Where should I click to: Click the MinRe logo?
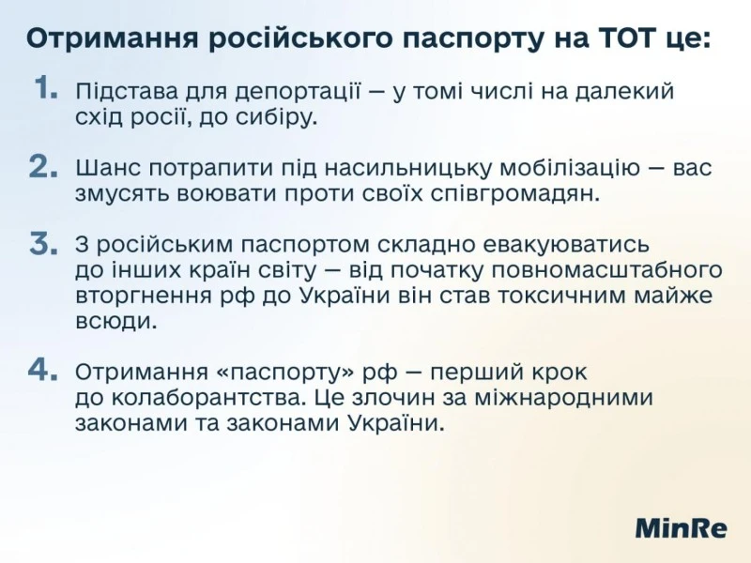(681, 528)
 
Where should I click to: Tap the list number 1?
(46, 88)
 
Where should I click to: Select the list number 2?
(43, 167)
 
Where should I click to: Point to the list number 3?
(43, 243)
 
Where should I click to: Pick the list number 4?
(43, 370)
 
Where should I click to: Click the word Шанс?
(107, 168)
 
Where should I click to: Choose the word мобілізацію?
(570, 168)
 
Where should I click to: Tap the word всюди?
(116, 321)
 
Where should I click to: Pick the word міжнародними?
(564, 398)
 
